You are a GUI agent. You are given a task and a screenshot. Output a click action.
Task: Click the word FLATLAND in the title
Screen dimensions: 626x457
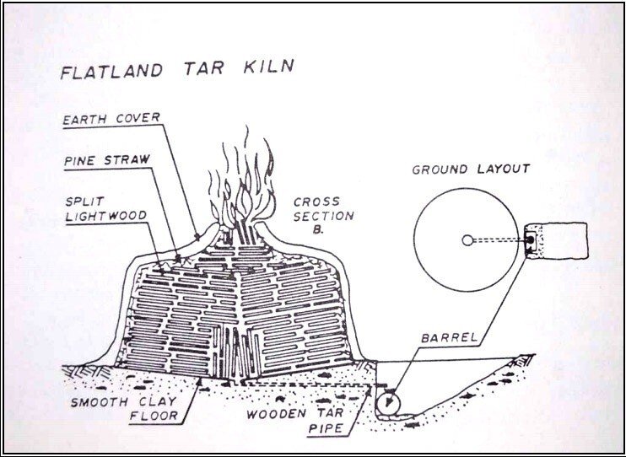(111, 71)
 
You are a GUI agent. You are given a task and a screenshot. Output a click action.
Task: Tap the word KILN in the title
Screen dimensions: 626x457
(268, 67)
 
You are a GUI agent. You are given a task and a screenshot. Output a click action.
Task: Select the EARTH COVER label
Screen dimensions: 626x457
(111, 119)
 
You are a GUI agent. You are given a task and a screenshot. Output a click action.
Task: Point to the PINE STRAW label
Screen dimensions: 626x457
(107, 160)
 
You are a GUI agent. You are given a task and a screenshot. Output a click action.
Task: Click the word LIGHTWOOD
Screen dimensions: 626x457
(106, 216)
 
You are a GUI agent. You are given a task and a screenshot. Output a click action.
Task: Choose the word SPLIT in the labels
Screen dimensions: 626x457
(85, 201)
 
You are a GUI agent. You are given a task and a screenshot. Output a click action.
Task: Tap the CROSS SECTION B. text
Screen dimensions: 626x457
(323, 216)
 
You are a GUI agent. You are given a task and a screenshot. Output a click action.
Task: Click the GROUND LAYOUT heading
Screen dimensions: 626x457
(471, 169)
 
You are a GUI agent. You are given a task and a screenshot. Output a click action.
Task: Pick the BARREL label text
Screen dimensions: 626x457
(449, 337)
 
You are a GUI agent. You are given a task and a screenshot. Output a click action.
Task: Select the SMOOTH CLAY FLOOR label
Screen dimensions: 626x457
(124, 409)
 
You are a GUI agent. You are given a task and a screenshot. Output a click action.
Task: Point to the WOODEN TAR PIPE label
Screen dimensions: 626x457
(295, 421)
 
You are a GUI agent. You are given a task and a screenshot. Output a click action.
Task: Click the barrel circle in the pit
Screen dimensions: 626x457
(388, 403)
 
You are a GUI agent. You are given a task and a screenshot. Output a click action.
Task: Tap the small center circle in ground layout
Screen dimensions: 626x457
(467, 239)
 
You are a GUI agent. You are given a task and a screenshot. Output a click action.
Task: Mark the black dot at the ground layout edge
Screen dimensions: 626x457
(530, 239)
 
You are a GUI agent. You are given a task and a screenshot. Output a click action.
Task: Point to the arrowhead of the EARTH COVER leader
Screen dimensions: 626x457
(197, 237)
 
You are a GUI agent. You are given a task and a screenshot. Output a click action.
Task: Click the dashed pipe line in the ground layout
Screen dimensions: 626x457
(499, 240)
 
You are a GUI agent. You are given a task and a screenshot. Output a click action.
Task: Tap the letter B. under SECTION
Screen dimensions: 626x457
(319, 230)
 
